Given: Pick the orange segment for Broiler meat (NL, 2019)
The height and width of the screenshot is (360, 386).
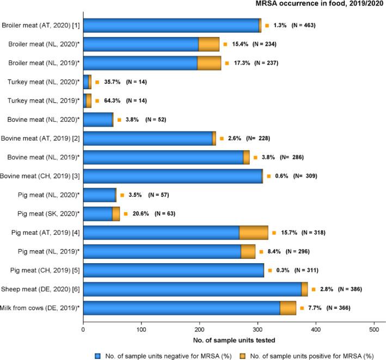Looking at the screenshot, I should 209,63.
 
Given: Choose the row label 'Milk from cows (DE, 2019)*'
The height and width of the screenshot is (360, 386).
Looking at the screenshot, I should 41,308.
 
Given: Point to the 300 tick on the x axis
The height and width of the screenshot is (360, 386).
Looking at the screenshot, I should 258,329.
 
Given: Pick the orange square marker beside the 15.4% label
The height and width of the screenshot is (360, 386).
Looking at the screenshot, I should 225,45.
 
